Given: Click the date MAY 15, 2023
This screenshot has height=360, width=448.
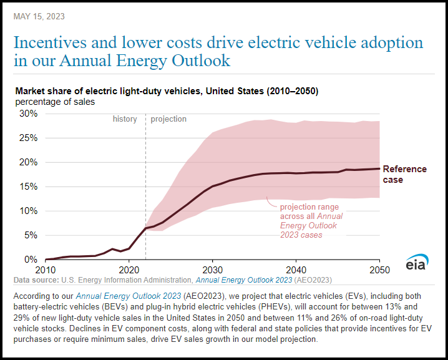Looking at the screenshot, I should coord(39,16).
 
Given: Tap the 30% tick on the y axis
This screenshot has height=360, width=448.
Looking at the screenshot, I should coord(29,114).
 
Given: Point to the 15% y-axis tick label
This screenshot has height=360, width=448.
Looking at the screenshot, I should coord(29,187).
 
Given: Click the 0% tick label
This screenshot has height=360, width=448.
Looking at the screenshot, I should coord(31,260).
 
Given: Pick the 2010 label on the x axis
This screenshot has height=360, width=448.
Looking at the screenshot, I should coord(46,270).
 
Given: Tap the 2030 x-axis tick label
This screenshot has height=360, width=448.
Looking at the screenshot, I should coord(212,270).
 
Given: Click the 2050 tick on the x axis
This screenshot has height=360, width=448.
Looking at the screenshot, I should coord(379,270).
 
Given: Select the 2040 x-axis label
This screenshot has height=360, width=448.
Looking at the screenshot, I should coord(296,270).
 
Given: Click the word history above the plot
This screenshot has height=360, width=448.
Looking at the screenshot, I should coord(125,119).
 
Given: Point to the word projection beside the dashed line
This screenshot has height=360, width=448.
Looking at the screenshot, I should coord(168,119).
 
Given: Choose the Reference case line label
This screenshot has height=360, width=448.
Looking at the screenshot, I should coord(404,174).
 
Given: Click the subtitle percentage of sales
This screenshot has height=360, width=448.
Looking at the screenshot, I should coord(56,101).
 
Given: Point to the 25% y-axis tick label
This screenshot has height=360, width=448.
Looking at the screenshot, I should coord(29,138).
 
